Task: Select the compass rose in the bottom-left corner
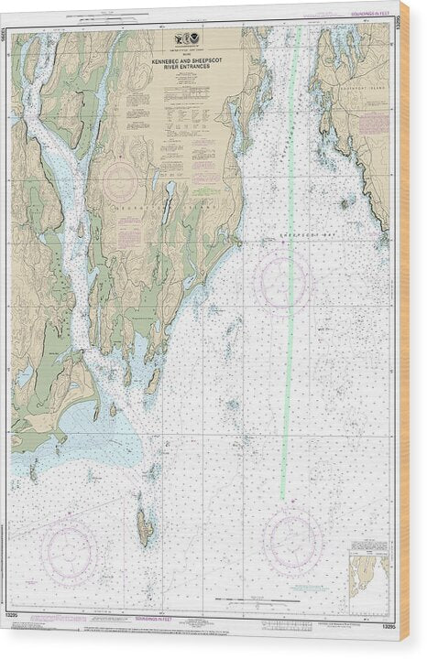tap(70, 552)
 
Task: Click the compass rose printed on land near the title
tap(120, 181)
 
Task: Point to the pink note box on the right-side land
tap(373, 124)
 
